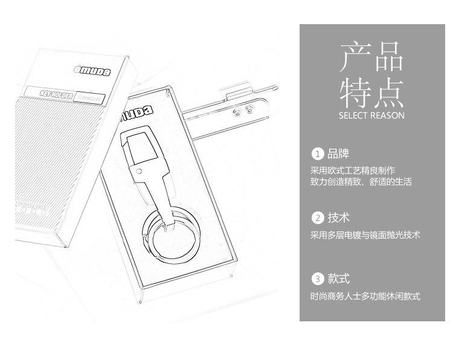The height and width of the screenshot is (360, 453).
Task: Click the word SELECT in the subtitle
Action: pyautogui.click(x=353, y=115)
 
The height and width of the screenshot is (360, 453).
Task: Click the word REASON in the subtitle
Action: pyautogui.click(x=387, y=115)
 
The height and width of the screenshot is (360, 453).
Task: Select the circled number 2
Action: pyautogui.click(x=317, y=218)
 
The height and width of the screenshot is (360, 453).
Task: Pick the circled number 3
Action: pyautogui.click(x=317, y=279)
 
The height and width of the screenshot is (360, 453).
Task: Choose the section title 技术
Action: pyautogui.click(x=339, y=218)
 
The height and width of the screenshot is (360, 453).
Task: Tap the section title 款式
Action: pyautogui.click(x=339, y=279)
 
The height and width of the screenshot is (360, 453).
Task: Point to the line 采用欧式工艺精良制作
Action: pyautogui.click(x=352, y=171)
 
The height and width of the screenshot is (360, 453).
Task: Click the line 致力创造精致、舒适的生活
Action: pyautogui.click(x=361, y=182)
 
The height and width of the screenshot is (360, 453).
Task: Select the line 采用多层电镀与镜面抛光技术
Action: pyautogui.click(x=365, y=235)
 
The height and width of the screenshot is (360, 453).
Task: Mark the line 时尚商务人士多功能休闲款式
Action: pyautogui.click(x=365, y=297)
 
